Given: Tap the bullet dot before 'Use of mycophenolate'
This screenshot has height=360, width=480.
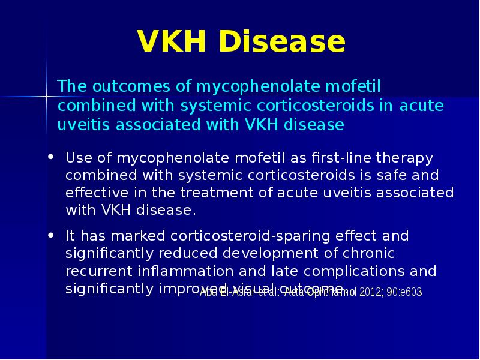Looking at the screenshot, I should coord(52,158).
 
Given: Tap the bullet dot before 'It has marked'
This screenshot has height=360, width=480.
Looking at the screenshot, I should coord(52,235).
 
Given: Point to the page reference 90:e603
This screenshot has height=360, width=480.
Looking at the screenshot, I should coord(404,292).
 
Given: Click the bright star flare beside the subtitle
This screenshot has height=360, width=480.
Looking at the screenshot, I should coord(47,95).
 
